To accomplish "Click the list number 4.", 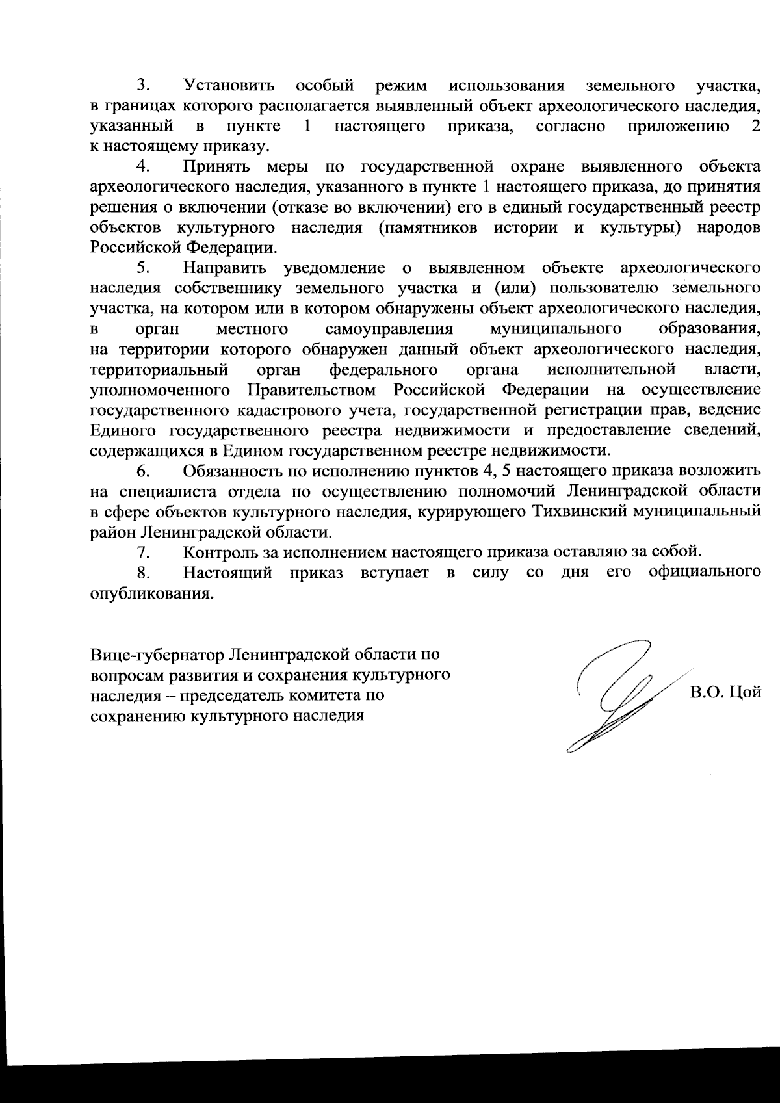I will click(x=144, y=166).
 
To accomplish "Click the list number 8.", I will click(x=144, y=573).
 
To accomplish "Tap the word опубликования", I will click(x=151, y=593).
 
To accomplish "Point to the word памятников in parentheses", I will click(x=430, y=227).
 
